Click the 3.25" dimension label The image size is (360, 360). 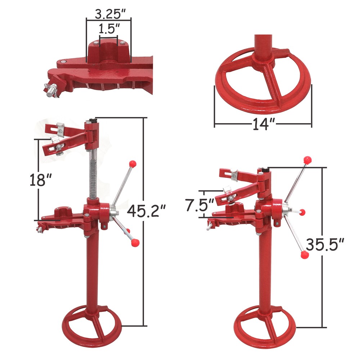click(109, 14)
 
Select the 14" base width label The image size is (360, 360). click(263, 125)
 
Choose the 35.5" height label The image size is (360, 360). click(324, 244)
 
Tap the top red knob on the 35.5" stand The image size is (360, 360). click(307, 159)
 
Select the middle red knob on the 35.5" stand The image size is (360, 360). click(302, 212)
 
